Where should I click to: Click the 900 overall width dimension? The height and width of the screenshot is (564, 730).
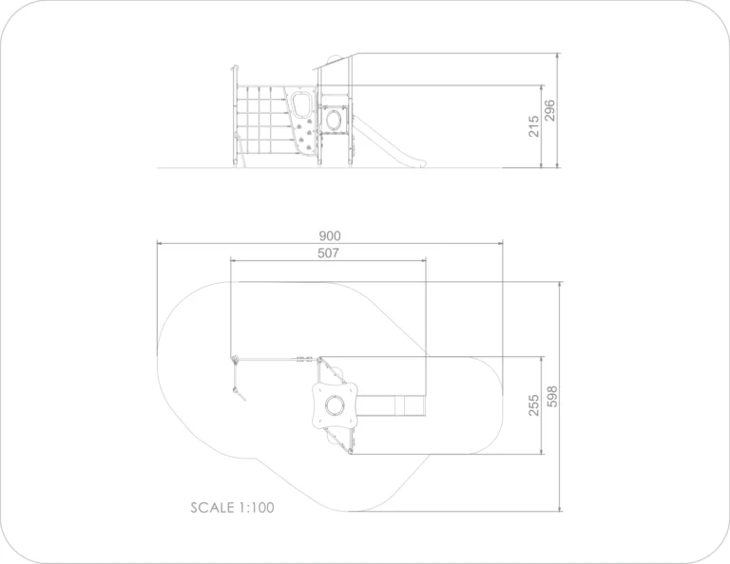coord(330,235)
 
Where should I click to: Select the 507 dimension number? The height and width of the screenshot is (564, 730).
coord(328,253)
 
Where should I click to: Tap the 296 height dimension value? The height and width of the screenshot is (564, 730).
coord(549,111)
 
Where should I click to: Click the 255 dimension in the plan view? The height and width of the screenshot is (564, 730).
coord(533,405)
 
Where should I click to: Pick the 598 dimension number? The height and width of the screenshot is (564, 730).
coord(551,397)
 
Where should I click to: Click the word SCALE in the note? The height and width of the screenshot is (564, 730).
coord(212,507)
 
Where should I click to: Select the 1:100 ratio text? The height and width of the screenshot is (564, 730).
coord(257,507)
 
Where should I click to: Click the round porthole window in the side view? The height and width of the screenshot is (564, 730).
coord(334,120)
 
